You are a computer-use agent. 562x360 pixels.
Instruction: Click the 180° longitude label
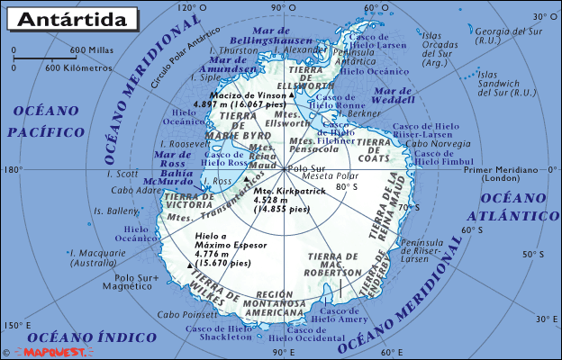click(12, 169)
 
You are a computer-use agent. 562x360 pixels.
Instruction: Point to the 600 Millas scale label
click(89, 49)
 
